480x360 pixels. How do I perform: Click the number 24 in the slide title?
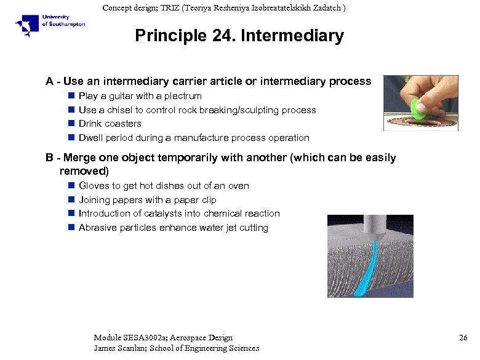(225, 36)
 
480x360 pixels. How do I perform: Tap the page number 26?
(463, 338)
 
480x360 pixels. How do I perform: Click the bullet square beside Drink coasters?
(71, 124)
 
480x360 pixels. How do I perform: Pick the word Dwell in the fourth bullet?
(91, 138)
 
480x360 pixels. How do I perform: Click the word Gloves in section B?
(94, 186)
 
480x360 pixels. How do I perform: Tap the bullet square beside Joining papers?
(71, 200)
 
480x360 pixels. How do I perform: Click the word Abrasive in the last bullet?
(97, 228)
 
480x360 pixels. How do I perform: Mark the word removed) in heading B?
(84, 170)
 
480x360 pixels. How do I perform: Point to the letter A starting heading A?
(49, 82)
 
